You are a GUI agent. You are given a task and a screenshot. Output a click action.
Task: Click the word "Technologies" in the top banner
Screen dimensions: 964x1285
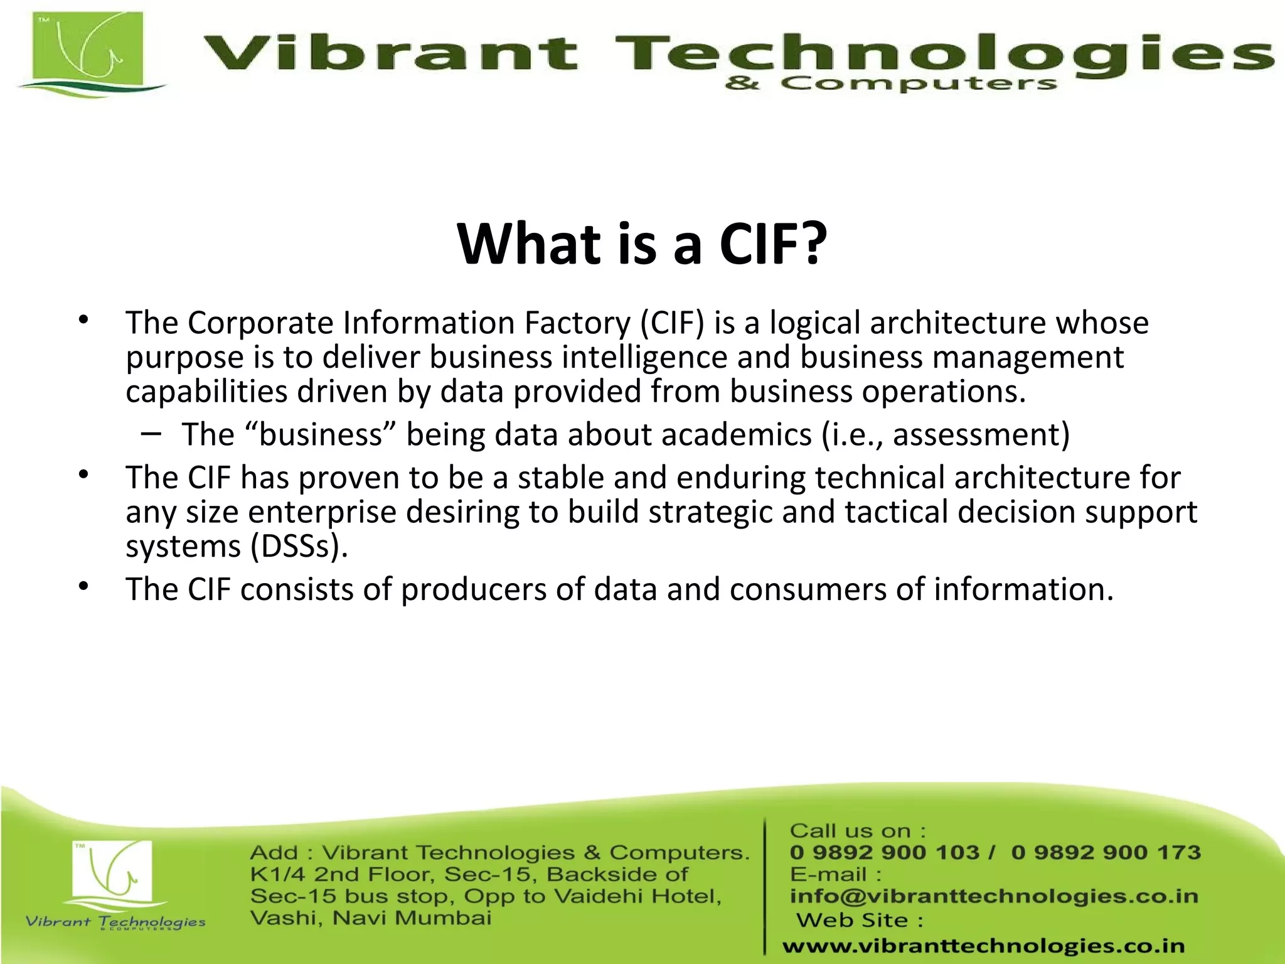click(941, 53)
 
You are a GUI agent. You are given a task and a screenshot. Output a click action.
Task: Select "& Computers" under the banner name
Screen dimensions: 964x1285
click(891, 83)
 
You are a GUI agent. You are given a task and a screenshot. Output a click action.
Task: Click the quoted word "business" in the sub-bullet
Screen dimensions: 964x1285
click(321, 434)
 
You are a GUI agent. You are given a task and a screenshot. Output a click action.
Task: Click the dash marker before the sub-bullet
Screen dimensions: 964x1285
click(150, 433)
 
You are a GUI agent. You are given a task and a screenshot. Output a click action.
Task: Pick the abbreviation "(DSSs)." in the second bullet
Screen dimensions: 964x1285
click(299, 546)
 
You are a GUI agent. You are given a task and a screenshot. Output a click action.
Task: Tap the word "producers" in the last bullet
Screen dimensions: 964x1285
click(465, 589)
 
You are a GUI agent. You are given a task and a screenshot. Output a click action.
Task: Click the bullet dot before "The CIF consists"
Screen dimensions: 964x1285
click(84, 587)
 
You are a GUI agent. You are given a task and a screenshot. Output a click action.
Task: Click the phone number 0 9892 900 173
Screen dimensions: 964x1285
click(1106, 852)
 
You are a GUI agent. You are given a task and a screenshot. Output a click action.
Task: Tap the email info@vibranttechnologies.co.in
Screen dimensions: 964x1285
click(994, 896)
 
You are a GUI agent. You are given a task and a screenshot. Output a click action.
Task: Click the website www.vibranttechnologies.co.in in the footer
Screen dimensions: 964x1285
click(983, 946)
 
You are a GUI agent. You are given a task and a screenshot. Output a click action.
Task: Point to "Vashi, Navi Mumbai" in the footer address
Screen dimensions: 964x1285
click(371, 918)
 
